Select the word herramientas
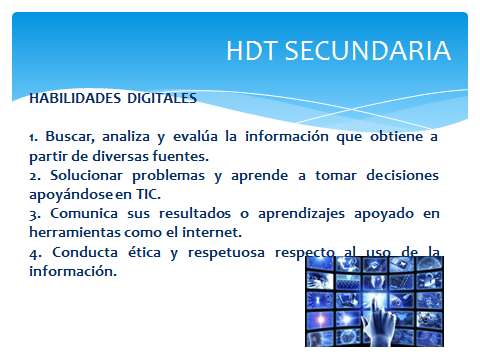[x=71, y=231]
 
